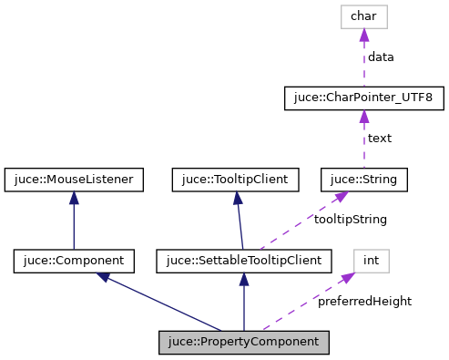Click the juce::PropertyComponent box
point(243,343)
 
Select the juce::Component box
point(74,262)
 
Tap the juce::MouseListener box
point(74,180)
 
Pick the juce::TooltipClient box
point(235,180)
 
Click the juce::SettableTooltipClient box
point(243,262)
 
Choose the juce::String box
point(362,180)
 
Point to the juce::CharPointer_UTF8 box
point(362,98)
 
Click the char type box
point(362,15)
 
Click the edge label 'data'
point(381,57)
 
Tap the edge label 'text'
point(379,139)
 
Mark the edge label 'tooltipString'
point(351,220)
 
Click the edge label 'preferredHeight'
point(363,301)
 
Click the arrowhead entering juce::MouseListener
point(74,198)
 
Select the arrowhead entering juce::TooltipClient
point(236,198)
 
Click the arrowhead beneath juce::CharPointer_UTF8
point(362,116)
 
